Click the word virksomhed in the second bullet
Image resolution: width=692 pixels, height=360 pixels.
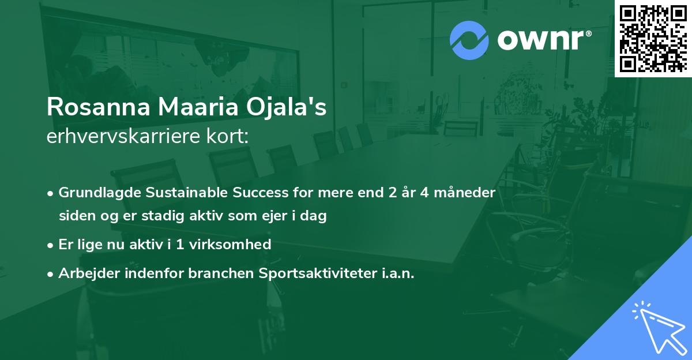point(236,245)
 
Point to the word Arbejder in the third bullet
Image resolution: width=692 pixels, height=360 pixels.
point(83,273)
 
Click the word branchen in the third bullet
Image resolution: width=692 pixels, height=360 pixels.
point(213,273)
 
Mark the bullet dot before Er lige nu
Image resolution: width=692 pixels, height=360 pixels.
point(51,245)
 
